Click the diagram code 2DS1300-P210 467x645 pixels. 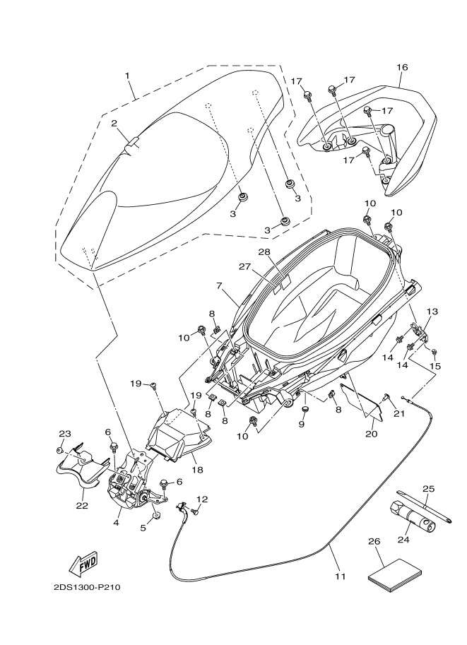coord(87,586)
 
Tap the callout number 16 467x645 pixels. coord(402,67)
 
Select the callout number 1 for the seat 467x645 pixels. coord(127,76)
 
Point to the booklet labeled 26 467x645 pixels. coord(396,571)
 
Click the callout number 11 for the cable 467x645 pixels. coord(340,576)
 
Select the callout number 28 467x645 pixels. coord(264,252)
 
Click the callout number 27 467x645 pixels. coord(245,267)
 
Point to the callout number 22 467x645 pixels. coord(82,505)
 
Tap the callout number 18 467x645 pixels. coord(198,469)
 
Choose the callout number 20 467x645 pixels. coord(371,434)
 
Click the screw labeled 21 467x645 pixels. coord(386,396)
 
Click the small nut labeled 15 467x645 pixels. coord(434,352)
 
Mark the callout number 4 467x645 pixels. coord(116,523)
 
